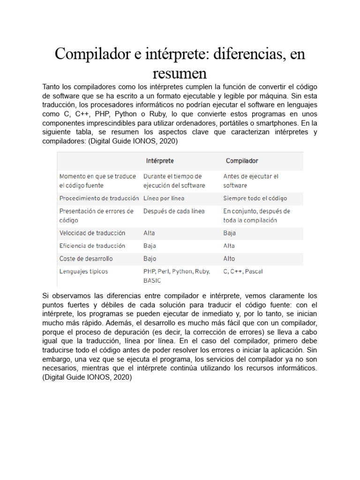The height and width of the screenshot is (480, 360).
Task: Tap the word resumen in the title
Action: click(x=180, y=73)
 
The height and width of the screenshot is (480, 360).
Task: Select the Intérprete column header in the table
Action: click(x=160, y=161)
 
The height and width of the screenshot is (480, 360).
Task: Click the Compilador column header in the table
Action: click(x=242, y=161)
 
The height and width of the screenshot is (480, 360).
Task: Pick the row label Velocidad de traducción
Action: click(x=92, y=233)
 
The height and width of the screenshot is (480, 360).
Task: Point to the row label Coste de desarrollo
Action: click(x=86, y=259)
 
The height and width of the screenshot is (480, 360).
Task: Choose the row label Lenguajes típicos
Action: click(x=83, y=271)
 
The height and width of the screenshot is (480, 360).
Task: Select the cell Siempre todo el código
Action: click(x=255, y=198)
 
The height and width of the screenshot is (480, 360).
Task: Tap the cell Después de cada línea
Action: click(x=174, y=211)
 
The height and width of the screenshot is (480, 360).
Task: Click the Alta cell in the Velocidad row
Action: click(x=149, y=233)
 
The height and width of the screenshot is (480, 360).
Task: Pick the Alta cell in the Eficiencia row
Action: click(x=229, y=246)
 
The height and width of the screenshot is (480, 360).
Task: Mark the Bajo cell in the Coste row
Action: click(x=150, y=259)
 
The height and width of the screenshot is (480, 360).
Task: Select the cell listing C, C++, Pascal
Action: click(x=243, y=271)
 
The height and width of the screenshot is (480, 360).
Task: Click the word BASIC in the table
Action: click(x=152, y=281)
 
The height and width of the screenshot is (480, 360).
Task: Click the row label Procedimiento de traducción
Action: click(x=99, y=198)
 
